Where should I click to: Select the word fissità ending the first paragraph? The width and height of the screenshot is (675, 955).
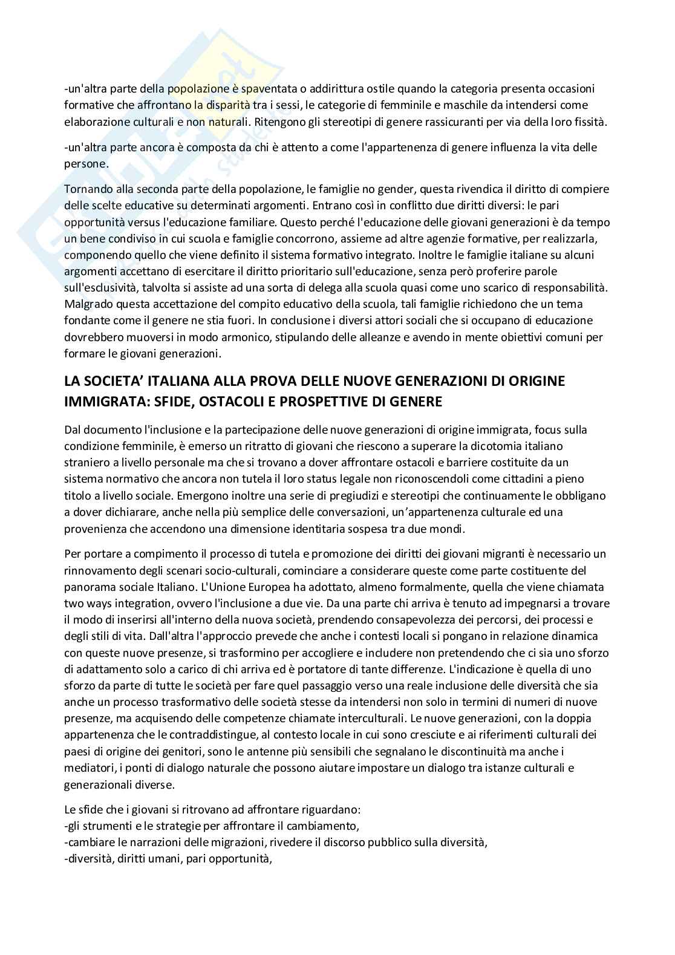click(x=589, y=122)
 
